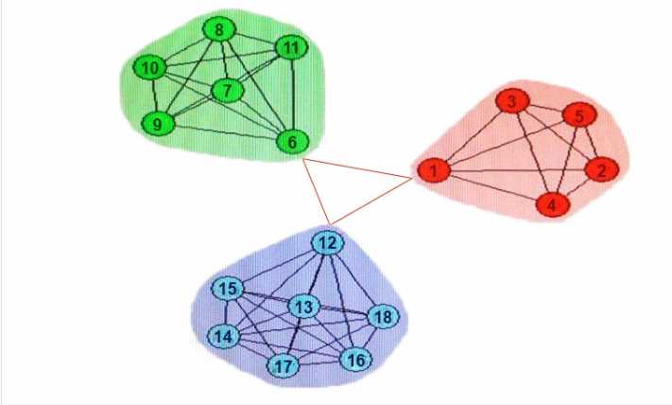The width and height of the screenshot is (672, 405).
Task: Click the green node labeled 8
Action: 219,29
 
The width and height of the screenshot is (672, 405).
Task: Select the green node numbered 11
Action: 291,47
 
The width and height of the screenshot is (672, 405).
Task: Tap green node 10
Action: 149,68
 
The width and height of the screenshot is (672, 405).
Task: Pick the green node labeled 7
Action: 227,91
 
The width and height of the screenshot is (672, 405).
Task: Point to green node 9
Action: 158,124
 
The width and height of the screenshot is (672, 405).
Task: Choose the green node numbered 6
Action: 292,142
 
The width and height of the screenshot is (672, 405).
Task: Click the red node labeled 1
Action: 434,170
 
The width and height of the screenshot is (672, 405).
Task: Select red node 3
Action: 512,101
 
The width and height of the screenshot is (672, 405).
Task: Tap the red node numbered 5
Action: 579,115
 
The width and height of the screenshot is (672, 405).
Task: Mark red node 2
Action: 602,170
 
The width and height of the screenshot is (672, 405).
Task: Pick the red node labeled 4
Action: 553,204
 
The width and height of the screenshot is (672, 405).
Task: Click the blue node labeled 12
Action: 327,243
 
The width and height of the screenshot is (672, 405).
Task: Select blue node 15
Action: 228,289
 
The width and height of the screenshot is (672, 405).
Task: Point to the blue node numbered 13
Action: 303,307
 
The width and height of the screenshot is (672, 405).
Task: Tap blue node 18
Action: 383,317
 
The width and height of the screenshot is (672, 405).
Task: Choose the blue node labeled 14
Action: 224,336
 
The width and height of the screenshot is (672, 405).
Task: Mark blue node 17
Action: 283,366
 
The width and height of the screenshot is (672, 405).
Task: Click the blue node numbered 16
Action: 355,360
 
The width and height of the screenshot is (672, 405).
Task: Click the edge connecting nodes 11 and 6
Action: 293,95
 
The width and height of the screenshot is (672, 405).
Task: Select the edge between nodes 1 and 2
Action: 518,170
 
